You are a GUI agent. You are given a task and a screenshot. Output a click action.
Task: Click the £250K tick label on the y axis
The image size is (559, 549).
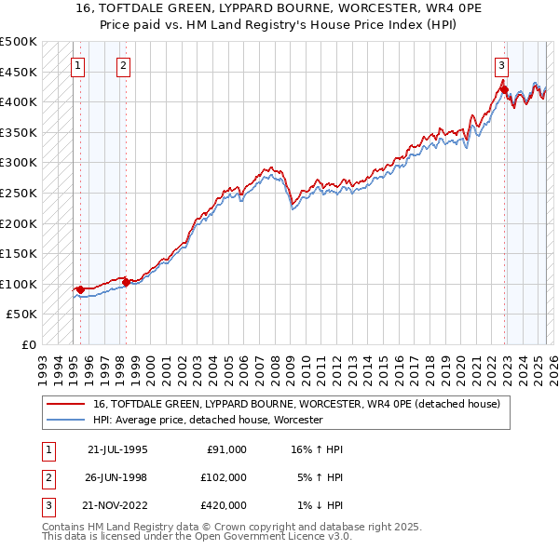19,193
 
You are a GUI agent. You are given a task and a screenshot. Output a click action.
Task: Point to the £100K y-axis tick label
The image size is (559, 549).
19,284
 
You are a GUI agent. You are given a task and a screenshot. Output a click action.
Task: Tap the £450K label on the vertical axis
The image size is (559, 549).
19,72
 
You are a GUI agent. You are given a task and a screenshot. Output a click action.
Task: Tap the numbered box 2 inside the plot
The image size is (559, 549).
123,65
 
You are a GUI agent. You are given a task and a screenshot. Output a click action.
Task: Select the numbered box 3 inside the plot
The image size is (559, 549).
501,65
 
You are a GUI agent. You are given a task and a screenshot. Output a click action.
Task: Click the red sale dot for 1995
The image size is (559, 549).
80,289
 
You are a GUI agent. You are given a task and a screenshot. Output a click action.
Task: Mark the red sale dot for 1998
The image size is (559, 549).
126,282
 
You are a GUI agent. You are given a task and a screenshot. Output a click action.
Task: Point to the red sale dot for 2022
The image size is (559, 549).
504,90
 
